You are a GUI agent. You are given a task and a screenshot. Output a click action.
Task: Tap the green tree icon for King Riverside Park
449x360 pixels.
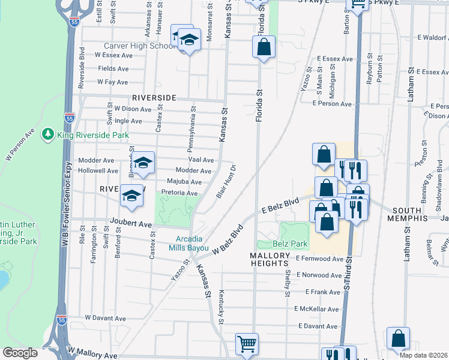pos(47,135)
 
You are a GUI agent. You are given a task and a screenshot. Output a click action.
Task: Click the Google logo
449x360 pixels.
pos(20,353)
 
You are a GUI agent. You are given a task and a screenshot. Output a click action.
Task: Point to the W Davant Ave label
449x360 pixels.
pos(105,318)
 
